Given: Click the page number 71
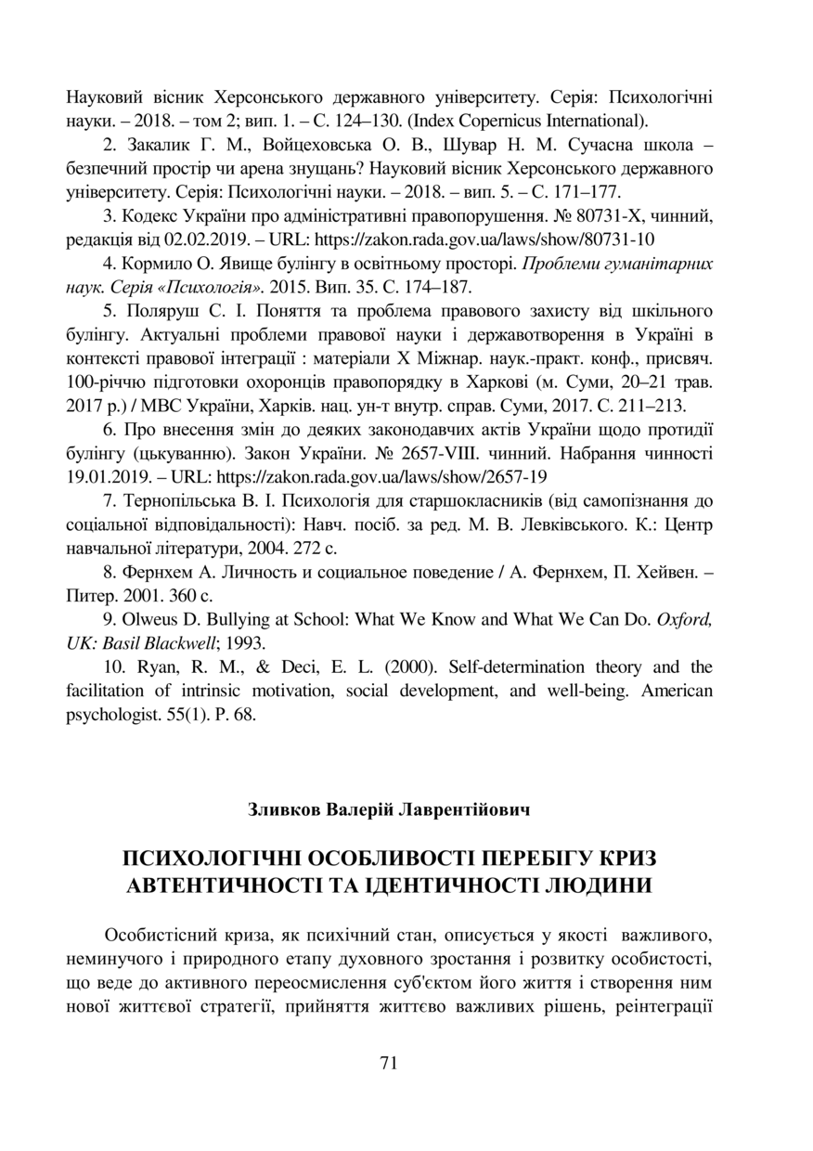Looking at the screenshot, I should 389,1064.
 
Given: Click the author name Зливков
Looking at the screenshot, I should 283,810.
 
